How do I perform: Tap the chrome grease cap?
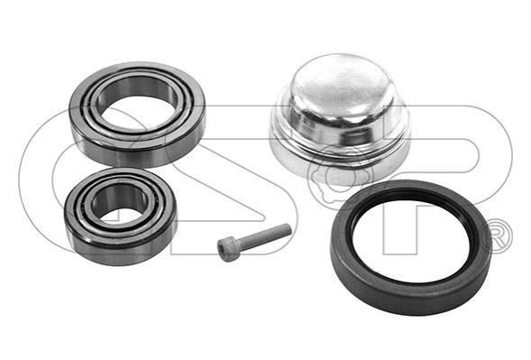340,118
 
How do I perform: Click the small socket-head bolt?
254,242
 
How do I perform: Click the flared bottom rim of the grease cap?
340,162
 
